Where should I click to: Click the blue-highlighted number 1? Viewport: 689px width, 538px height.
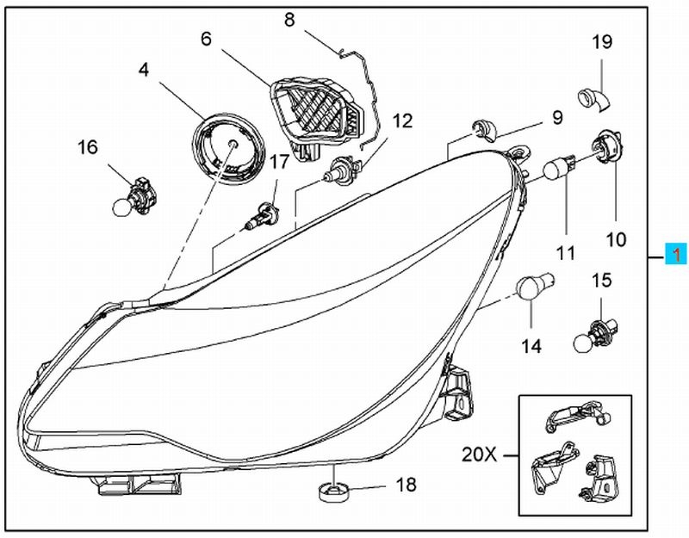point(676,255)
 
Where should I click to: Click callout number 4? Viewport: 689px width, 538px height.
point(143,70)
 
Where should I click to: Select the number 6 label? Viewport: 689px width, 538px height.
point(206,39)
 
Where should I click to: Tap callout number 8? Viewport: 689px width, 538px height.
point(289,18)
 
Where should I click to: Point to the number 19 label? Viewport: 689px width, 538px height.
point(601,41)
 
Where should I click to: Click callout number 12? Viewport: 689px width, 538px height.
point(402,121)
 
